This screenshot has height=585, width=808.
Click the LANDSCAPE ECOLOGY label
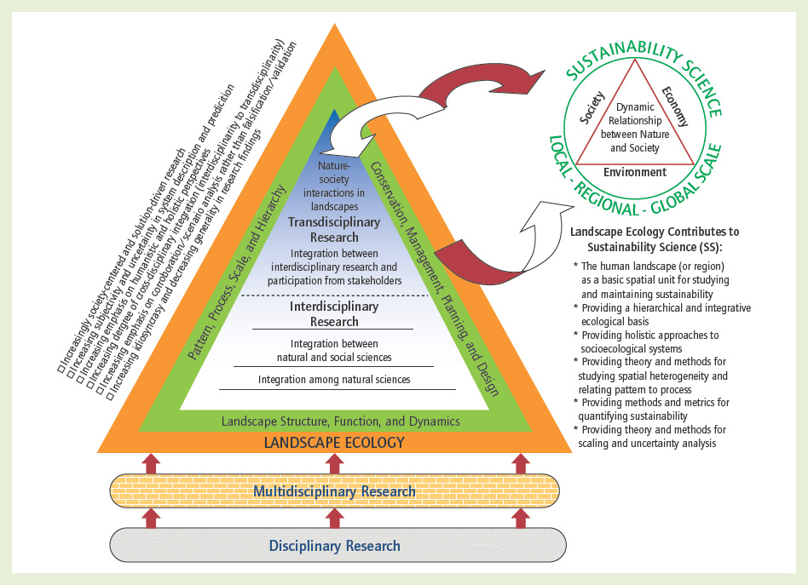334,442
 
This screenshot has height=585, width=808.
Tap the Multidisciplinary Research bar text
334,491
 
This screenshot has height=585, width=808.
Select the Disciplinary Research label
334,546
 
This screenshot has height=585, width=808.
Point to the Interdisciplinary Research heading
334,313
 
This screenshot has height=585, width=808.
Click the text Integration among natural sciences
334,379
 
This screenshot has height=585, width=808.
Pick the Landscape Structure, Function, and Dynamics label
340,421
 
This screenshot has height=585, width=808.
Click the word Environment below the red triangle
635,172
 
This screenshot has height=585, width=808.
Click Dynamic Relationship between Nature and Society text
636,127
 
